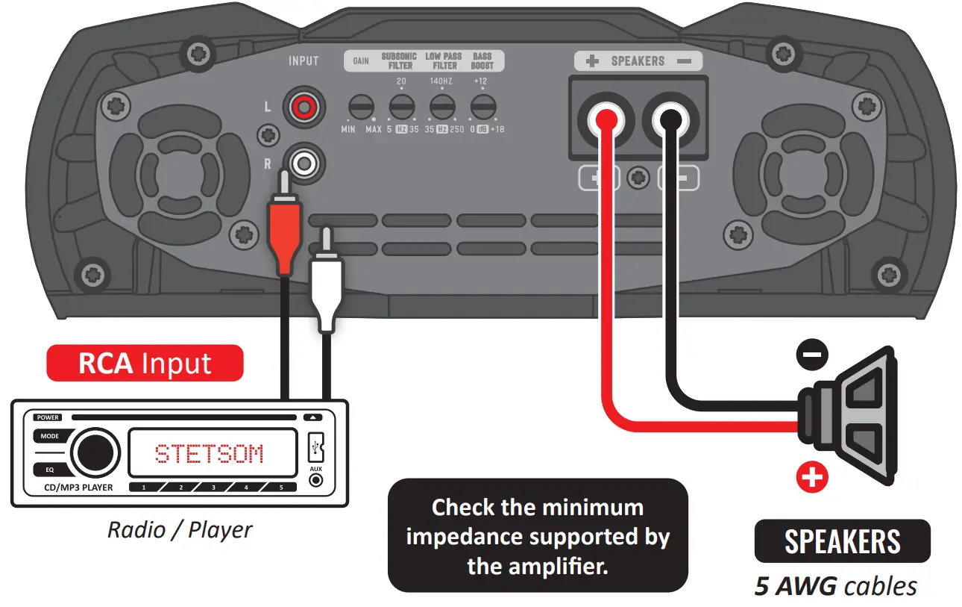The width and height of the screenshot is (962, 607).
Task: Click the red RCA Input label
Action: [x=145, y=364]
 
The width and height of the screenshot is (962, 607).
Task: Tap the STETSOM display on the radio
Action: [x=210, y=453]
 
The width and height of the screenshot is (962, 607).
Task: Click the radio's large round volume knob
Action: [x=95, y=452]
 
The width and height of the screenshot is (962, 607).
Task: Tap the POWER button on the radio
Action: [x=48, y=417]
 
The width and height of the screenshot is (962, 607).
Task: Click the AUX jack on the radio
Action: [x=315, y=480]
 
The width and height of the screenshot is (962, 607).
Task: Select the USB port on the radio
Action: [x=315, y=448]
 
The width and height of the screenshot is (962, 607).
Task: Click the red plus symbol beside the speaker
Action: [x=812, y=476]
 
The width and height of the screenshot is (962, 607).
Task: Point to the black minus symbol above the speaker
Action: [x=812, y=353]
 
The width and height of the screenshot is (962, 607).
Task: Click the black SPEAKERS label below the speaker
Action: [x=843, y=541]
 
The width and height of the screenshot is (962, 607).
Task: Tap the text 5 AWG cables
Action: [x=836, y=586]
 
